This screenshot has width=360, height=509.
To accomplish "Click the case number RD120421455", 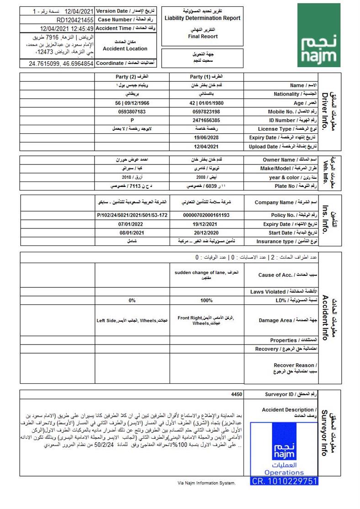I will pos(75,20).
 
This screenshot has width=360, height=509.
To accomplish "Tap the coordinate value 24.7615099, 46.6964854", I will pos(61,63).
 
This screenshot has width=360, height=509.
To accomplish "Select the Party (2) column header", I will pos(132,77).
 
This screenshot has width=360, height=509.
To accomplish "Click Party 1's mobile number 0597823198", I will pos(206,111).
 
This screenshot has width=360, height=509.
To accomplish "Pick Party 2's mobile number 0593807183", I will pos(132,111).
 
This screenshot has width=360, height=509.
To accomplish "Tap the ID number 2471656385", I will pos(206,120).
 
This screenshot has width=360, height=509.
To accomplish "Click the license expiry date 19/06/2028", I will pos(206,138).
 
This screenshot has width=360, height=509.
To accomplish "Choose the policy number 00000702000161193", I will pos(206,215).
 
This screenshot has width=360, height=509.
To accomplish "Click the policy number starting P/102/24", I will pos(132,215).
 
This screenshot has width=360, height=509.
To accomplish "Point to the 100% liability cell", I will pos(206,300).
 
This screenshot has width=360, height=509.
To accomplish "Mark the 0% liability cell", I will pos(132,300).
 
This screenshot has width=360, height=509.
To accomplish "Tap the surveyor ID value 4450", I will pos(237,394).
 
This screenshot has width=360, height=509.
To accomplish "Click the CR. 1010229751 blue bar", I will pos(284,481).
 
